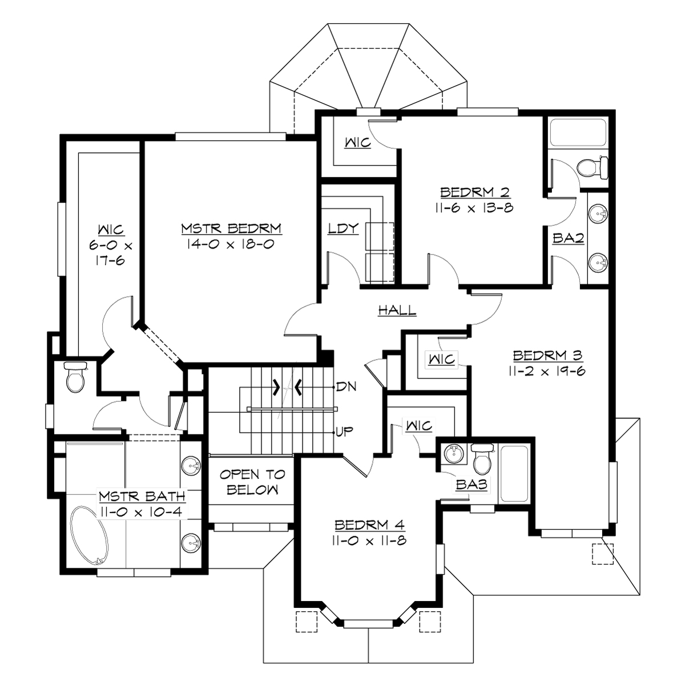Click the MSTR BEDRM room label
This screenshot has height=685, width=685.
pos(231,228)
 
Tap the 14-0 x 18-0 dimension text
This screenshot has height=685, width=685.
pos(231,244)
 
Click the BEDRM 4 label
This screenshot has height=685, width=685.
pos(370,525)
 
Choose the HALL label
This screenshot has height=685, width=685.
pos(397,311)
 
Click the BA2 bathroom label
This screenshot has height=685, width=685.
pos(568,239)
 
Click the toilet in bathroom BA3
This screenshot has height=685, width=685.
pos(482,460)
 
